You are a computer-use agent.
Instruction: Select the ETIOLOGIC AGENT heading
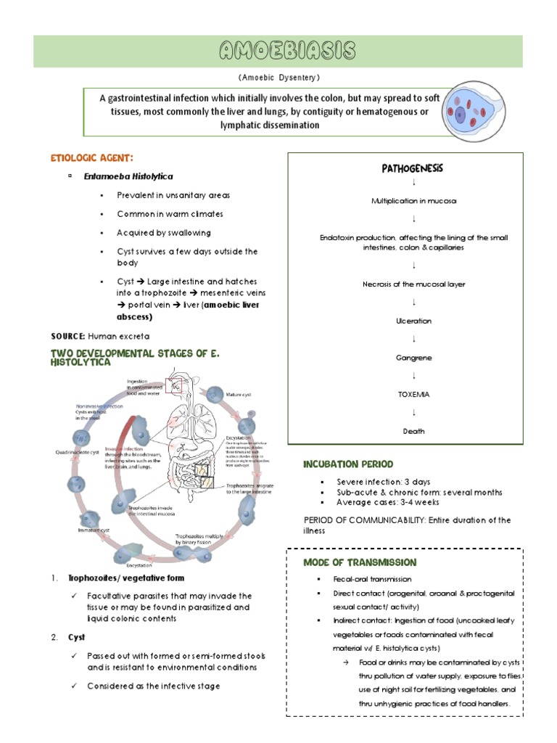[91, 157]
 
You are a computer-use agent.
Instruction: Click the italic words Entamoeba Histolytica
[138, 176]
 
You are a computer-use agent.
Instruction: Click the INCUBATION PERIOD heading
[348, 464]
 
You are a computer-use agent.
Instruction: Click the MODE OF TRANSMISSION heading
[360, 562]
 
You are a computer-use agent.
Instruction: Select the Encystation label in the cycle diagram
[139, 564]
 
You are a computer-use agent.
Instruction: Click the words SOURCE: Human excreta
[100, 337]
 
